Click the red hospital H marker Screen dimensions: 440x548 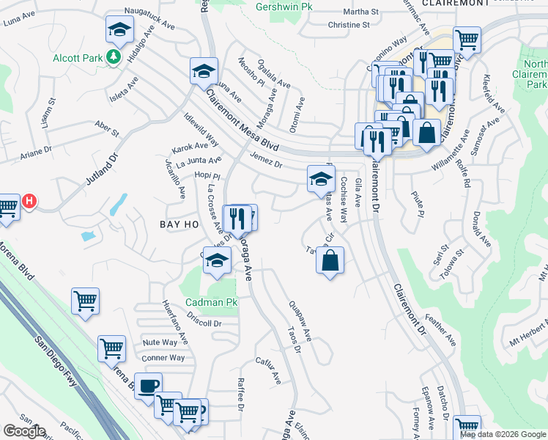[x=29, y=200]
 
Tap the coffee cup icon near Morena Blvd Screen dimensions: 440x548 [x=148, y=386]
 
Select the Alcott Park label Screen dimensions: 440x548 [x=76, y=57]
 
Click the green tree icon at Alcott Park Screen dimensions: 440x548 [x=114, y=57]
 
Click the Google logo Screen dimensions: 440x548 [x=24, y=431]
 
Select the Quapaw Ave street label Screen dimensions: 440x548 [x=300, y=323]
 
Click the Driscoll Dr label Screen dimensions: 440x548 [x=204, y=323]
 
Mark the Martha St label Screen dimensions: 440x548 [x=360, y=12]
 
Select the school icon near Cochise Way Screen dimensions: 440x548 [x=321, y=178]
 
